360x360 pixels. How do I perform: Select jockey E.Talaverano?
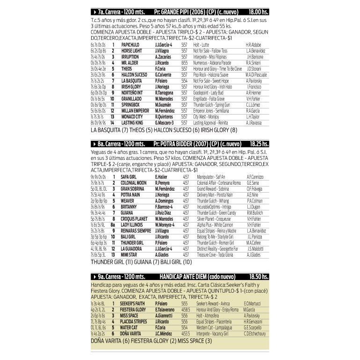click(168, 310)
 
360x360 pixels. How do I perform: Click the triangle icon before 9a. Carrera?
click(94, 277)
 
